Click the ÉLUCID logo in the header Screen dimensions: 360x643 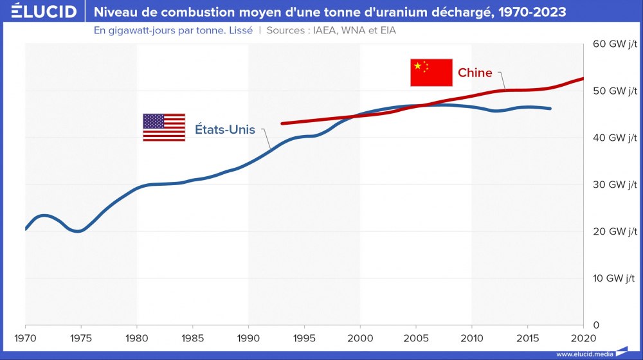pyautogui.click(x=39, y=12)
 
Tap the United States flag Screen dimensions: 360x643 pyautogui.click(x=163, y=127)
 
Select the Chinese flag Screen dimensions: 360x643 pyautogui.click(x=431, y=72)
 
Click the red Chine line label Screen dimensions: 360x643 pyautogui.click(x=475, y=73)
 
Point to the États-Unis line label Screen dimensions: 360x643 pyautogui.click(x=225, y=130)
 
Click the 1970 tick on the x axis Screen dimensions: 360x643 pyautogui.click(x=25, y=337)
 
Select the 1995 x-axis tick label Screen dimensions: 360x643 pyautogui.click(x=304, y=337)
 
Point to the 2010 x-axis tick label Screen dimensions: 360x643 pyautogui.click(x=471, y=337)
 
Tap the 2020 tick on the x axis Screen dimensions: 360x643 pyautogui.click(x=583, y=337)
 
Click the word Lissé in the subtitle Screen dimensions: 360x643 pyautogui.click(x=238, y=31)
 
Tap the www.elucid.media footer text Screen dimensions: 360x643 pyautogui.click(x=584, y=354)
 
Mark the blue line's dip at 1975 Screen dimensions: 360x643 pyautogui.click(x=78, y=231)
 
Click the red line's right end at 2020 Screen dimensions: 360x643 pyautogui.click(x=583, y=78)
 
